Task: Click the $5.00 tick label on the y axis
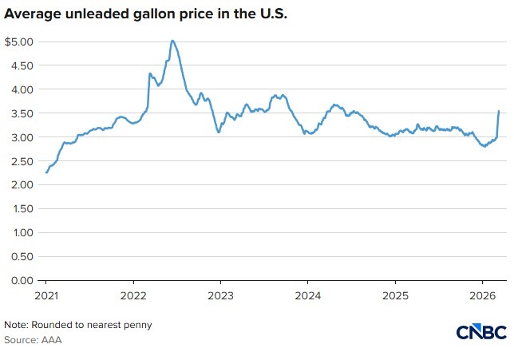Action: pos(18,42)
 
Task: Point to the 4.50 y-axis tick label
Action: pos(19,65)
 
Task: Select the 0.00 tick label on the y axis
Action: pos(19,280)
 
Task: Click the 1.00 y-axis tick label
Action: pos(19,233)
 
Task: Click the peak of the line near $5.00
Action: pos(172,41)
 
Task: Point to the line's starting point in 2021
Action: pos(46,172)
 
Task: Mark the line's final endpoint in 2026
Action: pos(499,112)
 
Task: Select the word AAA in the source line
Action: pos(51,340)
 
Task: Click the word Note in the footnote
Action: pos(16,325)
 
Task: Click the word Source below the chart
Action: pos(21,340)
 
